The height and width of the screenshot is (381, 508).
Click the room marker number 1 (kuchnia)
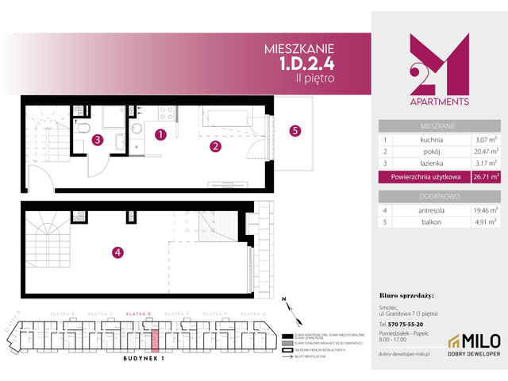[x=160, y=135]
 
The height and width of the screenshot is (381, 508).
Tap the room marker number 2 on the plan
[x=214, y=146]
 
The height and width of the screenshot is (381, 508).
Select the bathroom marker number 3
[x=97, y=140]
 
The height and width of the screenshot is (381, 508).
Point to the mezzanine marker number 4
[x=117, y=253]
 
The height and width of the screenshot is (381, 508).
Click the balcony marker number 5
[x=295, y=131]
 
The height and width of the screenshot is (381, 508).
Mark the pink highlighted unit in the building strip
[x=156, y=340]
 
